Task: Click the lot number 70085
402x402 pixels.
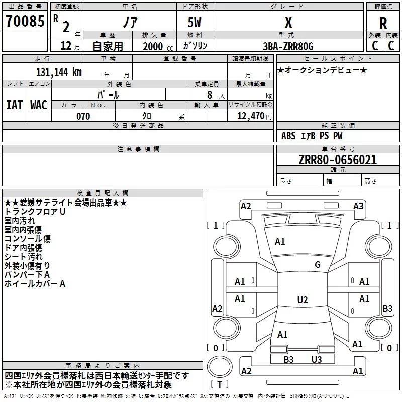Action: click(x=25, y=21)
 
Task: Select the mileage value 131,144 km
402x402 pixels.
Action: click(x=59, y=72)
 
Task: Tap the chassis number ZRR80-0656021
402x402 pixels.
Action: click(x=338, y=160)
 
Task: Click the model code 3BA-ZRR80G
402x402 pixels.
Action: click(x=288, y=46)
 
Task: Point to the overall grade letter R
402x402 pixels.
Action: click(x=383, y=23)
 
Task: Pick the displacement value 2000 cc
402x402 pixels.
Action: click(x=158, y=47)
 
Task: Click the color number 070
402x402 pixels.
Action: click(x=83, y=116)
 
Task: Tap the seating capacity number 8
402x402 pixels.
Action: click(x=210, y=95)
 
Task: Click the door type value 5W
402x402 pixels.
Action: click(x=194, y=22)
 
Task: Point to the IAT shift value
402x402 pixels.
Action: click(x=15, y=105)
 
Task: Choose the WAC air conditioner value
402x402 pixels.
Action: click(x=39, y=105)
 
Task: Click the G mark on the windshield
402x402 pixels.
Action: click(x=318, y=265)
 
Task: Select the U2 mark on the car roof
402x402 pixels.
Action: click(x=303, y=299)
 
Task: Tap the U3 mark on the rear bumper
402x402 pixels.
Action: click(x=317, y=359)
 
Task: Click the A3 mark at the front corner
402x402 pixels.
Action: click(x=358, y=206)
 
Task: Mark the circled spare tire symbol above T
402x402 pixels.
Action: click(x=220, y=367)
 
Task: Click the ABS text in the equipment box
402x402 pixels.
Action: click(x=288, y=136)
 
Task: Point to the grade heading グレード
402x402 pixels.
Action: click(x=287, y=7)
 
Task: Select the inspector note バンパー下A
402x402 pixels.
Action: click(x=27, y=275)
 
